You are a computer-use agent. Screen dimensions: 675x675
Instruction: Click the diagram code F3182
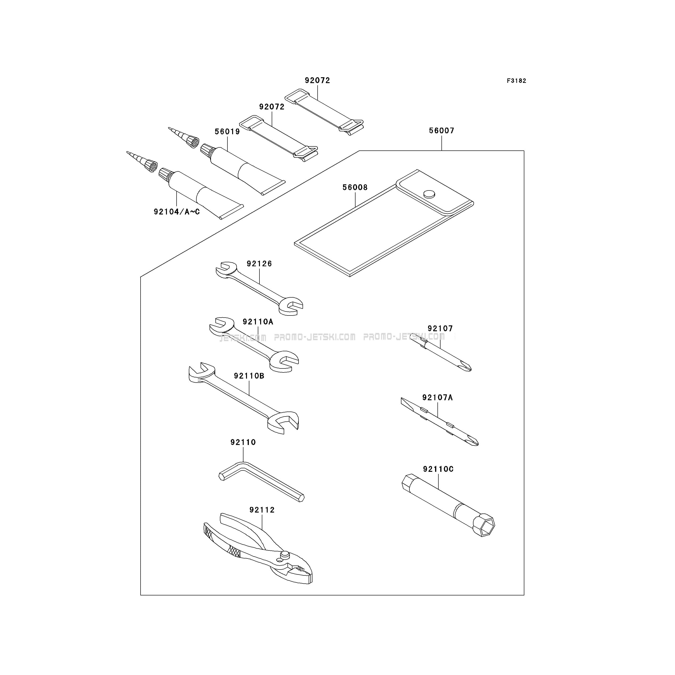[x=516, y=81]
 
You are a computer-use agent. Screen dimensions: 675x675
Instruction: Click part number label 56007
[x=442, y=131]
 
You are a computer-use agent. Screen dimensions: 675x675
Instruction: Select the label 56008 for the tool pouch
[x=355, y=188]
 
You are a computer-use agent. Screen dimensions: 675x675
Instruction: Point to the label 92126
[x=259, y=264]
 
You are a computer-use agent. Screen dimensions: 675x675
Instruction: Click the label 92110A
[x=258, y=322]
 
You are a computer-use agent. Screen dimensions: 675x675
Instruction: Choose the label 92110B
[x=249, y=376]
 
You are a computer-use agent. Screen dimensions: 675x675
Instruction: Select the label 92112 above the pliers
[x=262, y=510]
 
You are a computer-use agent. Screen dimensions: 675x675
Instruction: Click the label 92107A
[x=437, y=398]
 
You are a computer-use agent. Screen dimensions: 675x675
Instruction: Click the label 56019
[x=227, y=132]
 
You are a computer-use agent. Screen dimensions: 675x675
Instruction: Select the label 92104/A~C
[x=177, y=212]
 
